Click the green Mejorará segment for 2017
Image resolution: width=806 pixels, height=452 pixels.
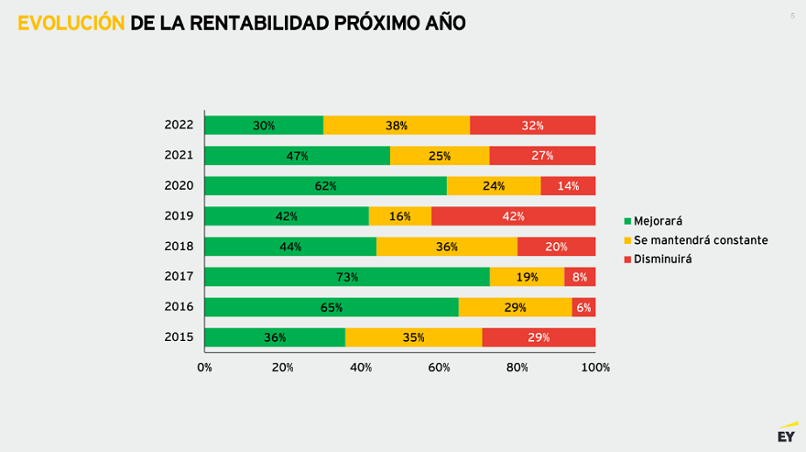point(346,277)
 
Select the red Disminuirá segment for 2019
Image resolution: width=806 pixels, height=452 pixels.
point(513,216)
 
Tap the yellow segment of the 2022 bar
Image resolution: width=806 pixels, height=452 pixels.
point(397,126)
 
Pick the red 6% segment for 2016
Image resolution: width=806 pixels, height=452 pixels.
point(583,307)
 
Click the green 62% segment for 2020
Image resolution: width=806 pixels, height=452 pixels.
point(325,186)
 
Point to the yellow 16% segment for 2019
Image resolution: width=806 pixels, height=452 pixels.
point(399,216)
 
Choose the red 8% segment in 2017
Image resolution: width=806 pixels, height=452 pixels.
point(580,277)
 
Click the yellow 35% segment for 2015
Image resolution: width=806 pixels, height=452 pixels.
point(413,337)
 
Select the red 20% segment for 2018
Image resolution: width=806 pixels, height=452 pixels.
point(556,247)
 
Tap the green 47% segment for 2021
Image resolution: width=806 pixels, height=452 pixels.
point(297,156)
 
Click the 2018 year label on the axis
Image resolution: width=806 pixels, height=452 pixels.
point(179,247)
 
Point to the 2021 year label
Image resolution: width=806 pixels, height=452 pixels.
point(179,156)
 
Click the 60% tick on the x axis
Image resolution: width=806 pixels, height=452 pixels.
point(439,368)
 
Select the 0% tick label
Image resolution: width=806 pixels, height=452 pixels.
point(204,368)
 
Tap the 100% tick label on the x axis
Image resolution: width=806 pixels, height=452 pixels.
point(595,368)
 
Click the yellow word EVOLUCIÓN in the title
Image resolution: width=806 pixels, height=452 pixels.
point(71,23)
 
